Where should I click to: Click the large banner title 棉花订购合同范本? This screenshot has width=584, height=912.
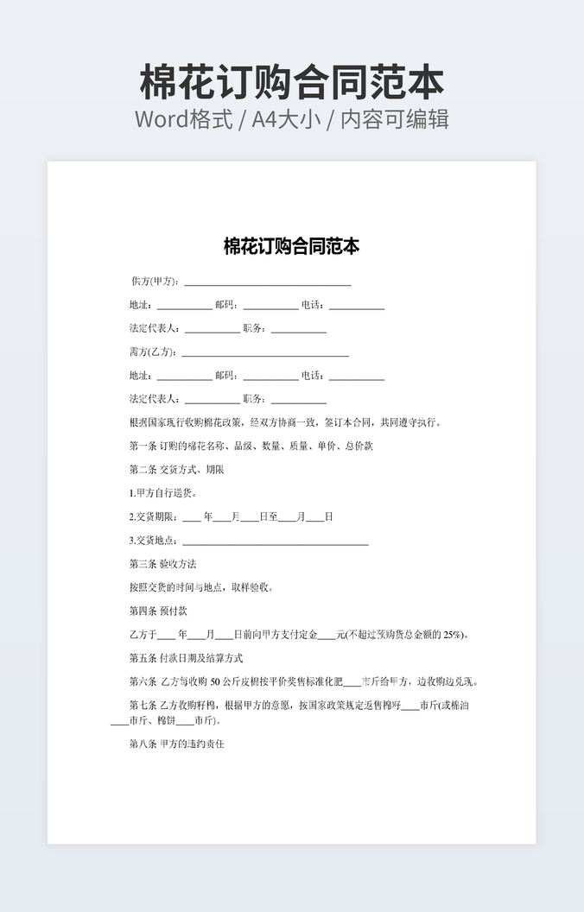[292, 83]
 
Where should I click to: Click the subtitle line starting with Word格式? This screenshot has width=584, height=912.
[292, 119]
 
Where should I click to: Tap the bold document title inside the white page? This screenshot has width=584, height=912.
[292, 247]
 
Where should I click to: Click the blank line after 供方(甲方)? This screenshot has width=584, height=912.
[268, 282]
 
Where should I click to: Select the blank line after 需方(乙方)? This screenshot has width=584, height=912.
[264, 353]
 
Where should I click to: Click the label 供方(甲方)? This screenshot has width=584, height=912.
[155, 282]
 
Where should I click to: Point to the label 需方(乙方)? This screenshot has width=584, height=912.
[153, 352]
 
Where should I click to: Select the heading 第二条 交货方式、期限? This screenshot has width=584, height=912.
[176, 470]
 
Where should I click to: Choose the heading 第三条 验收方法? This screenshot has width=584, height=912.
[162, 564]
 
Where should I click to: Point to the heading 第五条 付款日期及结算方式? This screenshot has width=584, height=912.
[186, 657]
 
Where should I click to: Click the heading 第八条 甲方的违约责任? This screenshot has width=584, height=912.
[176, 744]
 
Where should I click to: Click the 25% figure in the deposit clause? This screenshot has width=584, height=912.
[453, 635]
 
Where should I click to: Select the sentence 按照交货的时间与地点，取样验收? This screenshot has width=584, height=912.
[201, 587]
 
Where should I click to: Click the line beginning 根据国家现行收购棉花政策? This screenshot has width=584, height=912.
[285, 423]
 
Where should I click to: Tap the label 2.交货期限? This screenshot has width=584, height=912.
[153, 517]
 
